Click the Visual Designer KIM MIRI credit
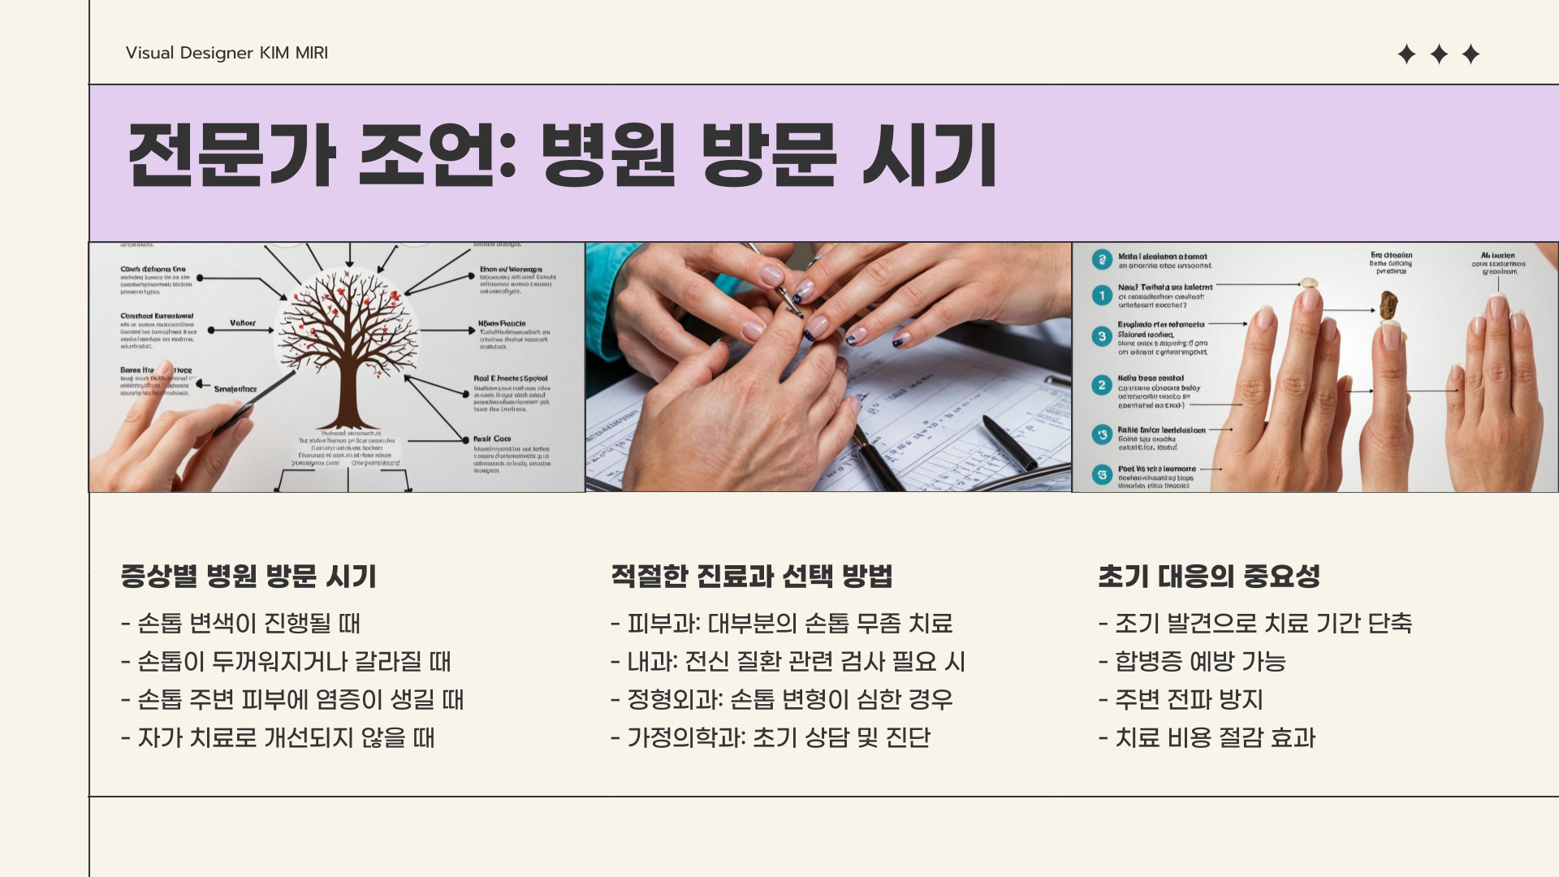tap(227, 53)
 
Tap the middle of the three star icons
tap(1439, 54)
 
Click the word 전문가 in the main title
tap(231, 154)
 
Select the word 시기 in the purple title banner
tap(929, 154)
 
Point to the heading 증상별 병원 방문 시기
tap(248, 576)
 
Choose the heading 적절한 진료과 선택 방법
tap(752, 576)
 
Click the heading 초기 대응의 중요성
tap(1209, 576)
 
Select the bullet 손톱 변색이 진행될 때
tap(241, 623)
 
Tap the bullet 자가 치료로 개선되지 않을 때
tap(279, 737)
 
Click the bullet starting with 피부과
tap(782, 623)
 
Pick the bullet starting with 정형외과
tap(782, 699)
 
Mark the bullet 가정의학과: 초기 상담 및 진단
tap(771, 737)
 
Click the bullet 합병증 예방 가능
tap(1192, 661)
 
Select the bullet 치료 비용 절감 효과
tap(1207, 737)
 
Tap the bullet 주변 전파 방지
tap(1181, 699)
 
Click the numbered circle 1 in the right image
tap(1102, 295)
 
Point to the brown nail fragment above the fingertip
tap(1389, 305)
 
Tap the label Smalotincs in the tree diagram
tap(235, 389)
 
